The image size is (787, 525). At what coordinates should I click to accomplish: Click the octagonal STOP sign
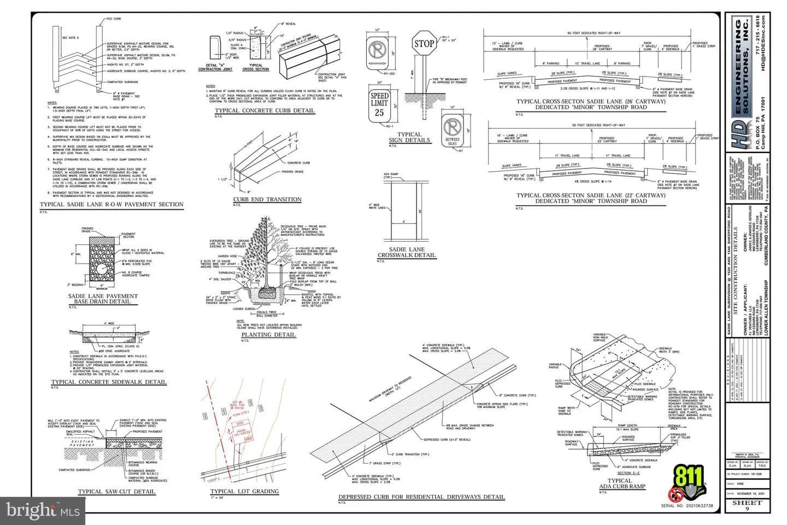(x=424, y=43)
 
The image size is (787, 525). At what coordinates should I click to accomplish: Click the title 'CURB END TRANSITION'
(x=267, y=200)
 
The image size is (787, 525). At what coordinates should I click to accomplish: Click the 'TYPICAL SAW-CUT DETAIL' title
(x=116, y=492)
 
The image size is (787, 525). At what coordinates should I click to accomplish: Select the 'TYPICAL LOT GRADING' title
(x=244, y=492)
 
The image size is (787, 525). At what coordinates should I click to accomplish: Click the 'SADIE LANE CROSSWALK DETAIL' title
(x=407, y=252)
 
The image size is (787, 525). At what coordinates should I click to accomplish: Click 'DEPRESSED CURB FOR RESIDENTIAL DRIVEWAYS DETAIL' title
(x=421, y=497)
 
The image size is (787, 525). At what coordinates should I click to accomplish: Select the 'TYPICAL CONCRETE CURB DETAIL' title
(x=265, y=110)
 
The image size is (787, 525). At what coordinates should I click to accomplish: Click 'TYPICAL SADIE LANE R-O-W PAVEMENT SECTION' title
(x=111, y=205)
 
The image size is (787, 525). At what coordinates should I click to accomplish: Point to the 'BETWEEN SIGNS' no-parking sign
(x=452, y=131)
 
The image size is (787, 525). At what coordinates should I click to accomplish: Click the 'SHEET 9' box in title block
(x=747, y=505)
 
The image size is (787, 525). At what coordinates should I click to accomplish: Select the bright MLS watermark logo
(x=42, y=511)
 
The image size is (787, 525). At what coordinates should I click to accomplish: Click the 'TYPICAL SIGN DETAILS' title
(x=409, y=137)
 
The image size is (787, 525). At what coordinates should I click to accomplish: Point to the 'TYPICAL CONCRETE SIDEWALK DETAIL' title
(x=109, y=382)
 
